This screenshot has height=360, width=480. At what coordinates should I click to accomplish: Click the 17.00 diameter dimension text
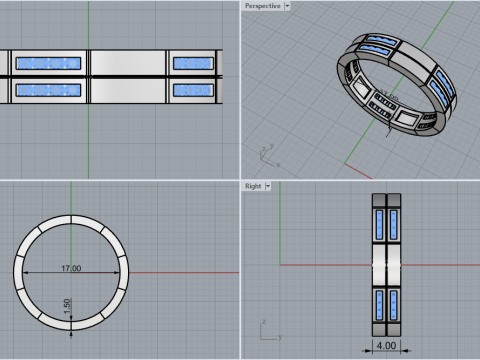(71, 268)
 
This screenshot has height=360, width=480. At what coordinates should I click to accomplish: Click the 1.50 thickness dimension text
(67, 306)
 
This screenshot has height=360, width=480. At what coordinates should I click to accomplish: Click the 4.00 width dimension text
(386, 345)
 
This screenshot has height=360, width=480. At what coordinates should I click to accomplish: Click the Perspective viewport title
(263, 6)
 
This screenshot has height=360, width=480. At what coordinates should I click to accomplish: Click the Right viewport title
(253, 186)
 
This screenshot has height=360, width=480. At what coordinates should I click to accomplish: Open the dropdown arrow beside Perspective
(287, 6)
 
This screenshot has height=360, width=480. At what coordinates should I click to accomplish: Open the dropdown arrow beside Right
(268, 186)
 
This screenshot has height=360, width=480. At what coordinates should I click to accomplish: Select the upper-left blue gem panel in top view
(49, 63)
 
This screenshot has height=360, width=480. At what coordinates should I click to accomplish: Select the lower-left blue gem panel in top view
(49, 90)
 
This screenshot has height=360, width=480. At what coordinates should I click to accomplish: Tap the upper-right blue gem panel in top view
(193, 63)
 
